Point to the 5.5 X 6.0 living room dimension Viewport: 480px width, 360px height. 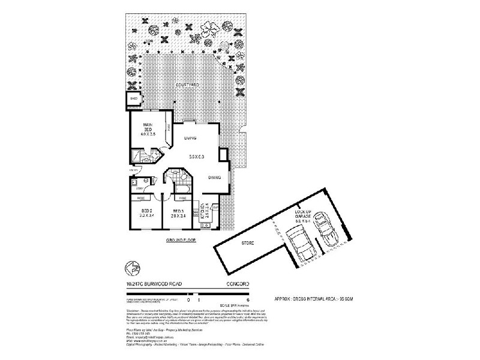point(197,157)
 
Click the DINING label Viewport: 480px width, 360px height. point(215,178)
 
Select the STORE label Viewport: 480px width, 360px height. point(247,244)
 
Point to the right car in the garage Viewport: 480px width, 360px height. point(327,226)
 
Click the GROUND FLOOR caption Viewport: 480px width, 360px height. point(182,240)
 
